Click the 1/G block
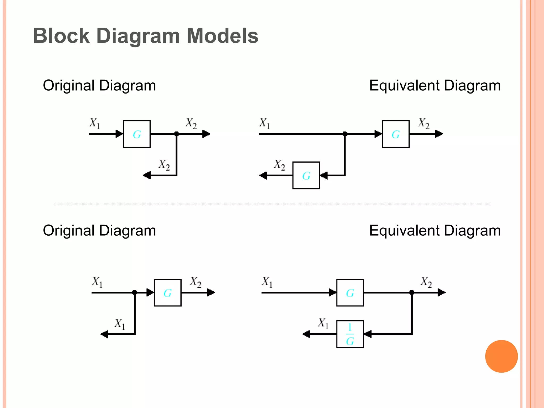pos(350,334)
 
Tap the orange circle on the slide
pos(501,356)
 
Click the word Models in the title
pos(222,36)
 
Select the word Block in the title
pos(61,36)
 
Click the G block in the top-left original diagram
pos(137,134)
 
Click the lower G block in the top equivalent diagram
pos(306,175)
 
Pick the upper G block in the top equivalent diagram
pos(396,134)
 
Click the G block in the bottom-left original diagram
pos(168,292)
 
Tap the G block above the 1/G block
pos(350,292)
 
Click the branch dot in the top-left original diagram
pos(177,134)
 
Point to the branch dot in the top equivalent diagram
pos(345,134)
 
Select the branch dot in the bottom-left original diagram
pos(135,292)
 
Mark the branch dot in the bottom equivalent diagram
pos(412,292)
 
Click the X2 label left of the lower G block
pos(279,165)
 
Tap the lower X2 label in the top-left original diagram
pos(164,165)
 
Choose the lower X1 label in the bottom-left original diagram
pos(120,324)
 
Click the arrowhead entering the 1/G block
pos(368,334)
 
